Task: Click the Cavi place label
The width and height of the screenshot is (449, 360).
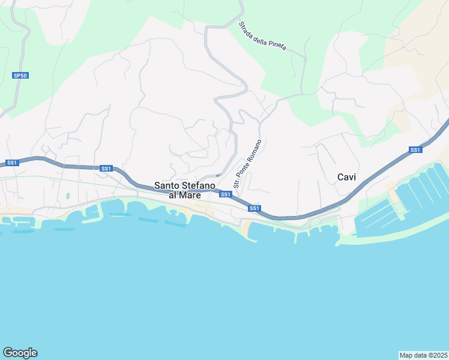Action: coord(347,177)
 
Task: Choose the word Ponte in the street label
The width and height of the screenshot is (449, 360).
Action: coord(243,169)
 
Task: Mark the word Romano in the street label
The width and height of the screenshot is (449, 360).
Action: coord(254,150)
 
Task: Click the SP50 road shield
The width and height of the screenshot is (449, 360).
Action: coord(20,76)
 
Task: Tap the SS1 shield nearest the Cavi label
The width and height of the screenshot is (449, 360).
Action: coord(415,149)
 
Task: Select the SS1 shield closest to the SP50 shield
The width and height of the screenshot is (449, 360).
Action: coord(11,163)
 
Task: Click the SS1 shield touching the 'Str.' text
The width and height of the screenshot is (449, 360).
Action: coord(225,194)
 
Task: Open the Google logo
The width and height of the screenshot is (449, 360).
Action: coord(20,353)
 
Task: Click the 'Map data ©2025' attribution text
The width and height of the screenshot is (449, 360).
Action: coord(423,355)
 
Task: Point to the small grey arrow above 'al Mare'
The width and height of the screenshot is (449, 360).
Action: coord(218,175)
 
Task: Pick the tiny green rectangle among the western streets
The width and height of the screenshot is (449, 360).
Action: coord(68,196)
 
